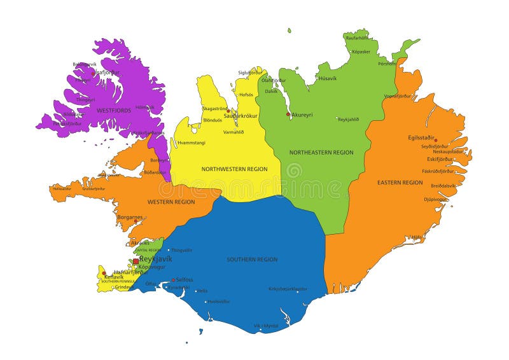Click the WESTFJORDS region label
(114, 110)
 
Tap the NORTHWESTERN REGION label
(234, 169)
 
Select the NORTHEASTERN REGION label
(321, 153)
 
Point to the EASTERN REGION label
(400, 183)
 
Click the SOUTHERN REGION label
(252, 260)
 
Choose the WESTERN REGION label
(171, 202)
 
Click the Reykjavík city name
(155, 259)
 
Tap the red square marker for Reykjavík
(136, 261)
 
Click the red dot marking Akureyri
(288, 114)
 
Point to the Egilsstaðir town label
(421, 137)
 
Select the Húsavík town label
(328, 78)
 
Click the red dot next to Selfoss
(173, 280)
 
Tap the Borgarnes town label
(130, 217)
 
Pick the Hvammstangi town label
(192, 142)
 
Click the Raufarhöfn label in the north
(358, 38)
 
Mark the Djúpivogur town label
(435, 199)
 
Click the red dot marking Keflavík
(104, 273)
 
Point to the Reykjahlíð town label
(348, 120)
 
